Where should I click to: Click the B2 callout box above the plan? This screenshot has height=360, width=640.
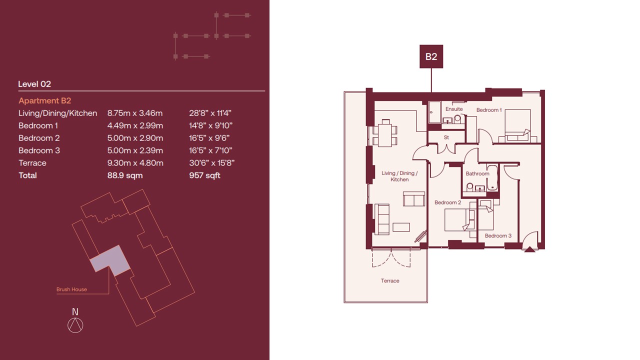click(431, 56)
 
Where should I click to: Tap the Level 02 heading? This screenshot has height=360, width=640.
click(34, 84)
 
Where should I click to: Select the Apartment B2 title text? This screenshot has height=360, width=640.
click(45, 100)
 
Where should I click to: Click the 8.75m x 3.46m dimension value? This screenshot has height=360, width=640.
click(135, 113)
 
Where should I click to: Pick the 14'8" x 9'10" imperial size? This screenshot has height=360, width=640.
click(210, 125)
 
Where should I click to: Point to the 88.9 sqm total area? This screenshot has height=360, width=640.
click(125, 175)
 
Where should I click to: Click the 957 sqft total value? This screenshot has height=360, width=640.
click(204, 175)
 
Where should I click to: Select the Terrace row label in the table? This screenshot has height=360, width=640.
click(32, 163)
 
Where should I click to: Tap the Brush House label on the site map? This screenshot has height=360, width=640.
click(71, 289)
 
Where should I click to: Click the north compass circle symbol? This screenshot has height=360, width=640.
click(75, 325)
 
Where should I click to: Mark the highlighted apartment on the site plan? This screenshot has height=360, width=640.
click(110, 260)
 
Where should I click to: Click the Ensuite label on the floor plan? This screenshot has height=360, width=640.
click(454, 109)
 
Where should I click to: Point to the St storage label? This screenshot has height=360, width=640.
click(446, 137)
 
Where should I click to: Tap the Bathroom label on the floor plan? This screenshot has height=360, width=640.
click(477, 173)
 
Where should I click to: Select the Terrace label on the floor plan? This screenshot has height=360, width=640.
click(390, 281)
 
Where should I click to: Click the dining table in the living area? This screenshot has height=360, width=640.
click(385, 133)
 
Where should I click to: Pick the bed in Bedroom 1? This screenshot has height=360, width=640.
click(517, 125)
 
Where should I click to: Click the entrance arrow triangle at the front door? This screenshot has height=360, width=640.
click(529, 249)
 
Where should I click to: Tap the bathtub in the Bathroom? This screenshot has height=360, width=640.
click(492, 177)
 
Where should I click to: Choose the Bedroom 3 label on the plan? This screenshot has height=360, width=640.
click(498, 235)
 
